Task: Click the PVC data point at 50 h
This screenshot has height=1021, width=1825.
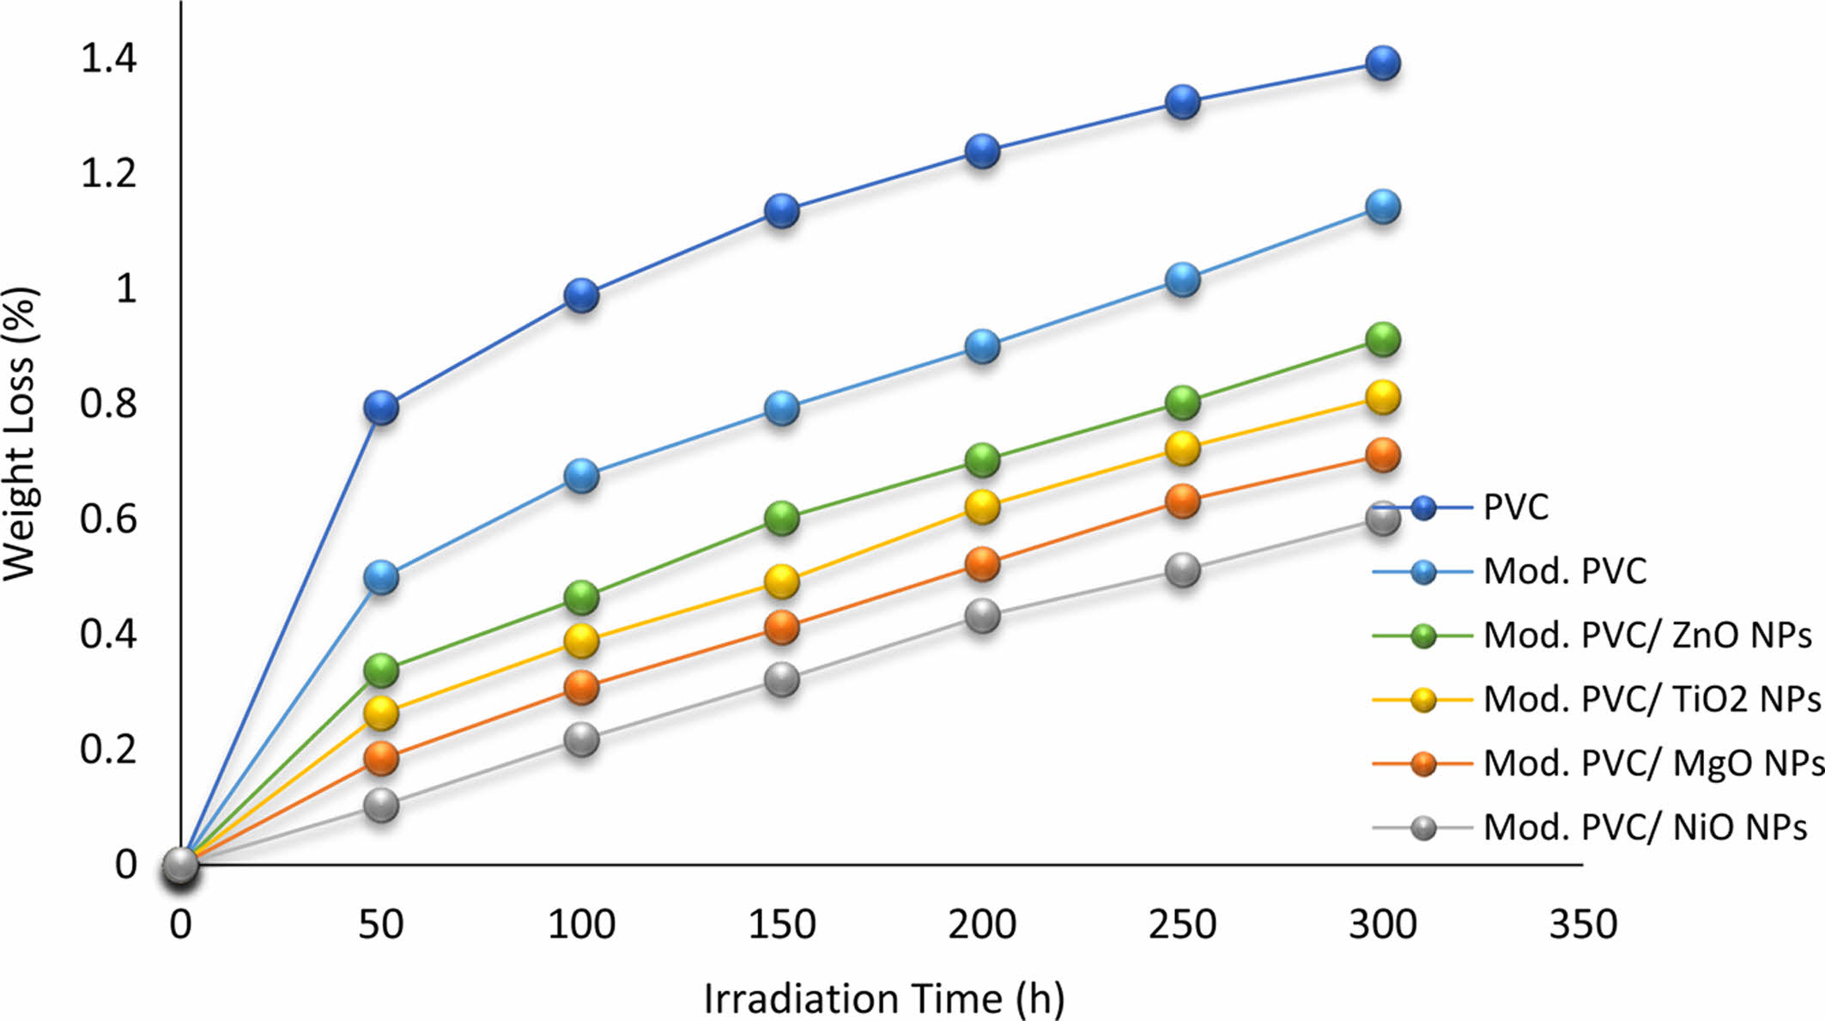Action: pos(381,407)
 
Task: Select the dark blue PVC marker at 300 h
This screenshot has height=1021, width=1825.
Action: pos(1382,63)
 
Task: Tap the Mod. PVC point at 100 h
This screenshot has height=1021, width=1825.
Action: pos(581,475)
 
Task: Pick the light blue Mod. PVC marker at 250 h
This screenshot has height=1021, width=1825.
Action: pos(1182,280)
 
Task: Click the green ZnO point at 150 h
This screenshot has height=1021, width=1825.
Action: pos(781,518)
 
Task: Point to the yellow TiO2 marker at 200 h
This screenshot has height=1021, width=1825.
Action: pos(982,507)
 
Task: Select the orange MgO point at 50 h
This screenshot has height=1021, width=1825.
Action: pos(381,757)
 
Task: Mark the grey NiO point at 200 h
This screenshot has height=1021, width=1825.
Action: pos(982,616)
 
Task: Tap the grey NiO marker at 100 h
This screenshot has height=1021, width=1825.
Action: pos(581,739)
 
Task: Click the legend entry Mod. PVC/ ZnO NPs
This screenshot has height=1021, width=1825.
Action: pos(1646,635)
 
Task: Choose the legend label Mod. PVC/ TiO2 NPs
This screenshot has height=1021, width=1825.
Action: pos(1651,699)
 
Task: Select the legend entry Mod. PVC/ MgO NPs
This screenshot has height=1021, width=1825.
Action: pos(1652,763)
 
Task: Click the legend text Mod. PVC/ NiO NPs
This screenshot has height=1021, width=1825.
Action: pos(1645,827)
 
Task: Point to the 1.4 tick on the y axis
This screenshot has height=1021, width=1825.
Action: pos(108,59)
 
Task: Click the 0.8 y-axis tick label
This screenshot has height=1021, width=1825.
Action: pos(108,403)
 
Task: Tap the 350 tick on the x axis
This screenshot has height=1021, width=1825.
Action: pos(1582,925)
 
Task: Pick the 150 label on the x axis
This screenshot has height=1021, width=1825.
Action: pos(781,925)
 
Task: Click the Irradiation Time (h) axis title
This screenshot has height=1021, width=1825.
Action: pos(884,999)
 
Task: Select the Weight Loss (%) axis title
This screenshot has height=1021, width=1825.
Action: pos(21,434)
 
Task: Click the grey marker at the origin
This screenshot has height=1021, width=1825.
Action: pos(180,866)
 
